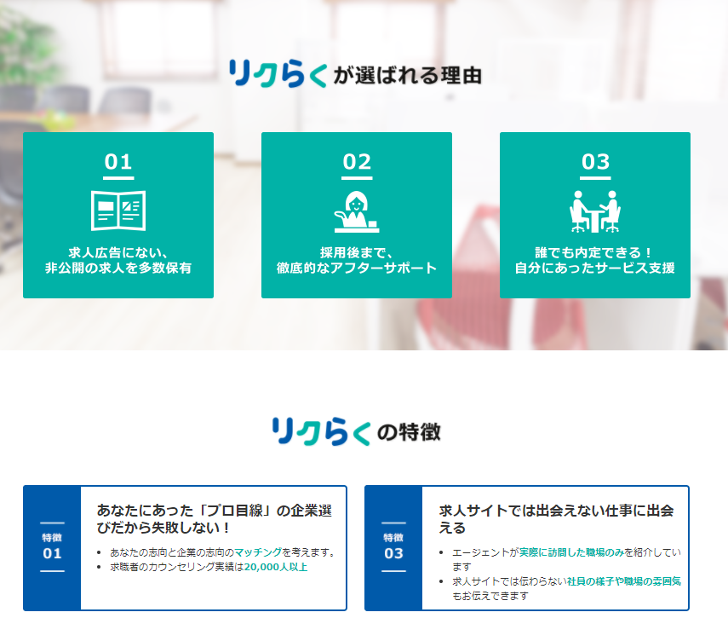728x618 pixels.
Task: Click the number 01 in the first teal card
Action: (x=118, y=162)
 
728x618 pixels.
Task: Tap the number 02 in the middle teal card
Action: (x=357, y=162)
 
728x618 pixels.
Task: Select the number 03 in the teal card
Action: (x=595, y=162)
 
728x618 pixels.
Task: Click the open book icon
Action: (x=118, y=211)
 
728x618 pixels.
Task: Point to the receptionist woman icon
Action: (x=357, y=211)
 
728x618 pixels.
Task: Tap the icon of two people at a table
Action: (x=595, y=211)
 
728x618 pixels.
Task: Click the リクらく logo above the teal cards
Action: (x=278, y=73)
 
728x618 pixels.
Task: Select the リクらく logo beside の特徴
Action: (x=321, y=431)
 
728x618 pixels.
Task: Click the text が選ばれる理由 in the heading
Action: (x=407, y=75)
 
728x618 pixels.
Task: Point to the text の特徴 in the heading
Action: (x=409, y=432)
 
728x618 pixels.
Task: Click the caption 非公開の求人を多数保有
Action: (x=118, y=269)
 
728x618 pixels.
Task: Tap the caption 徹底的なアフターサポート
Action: (x=357, y=269)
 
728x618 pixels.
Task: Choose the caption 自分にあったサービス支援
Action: (x=595, y=269)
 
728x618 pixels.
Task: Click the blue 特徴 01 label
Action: (x=52, y=546)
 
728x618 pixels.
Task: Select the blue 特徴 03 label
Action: (x=393, y=546)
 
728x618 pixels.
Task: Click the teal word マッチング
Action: (x=258, y=552)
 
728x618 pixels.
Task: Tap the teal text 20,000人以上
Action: (x=276, y=567)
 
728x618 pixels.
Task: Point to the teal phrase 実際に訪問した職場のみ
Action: (x=571, y=552)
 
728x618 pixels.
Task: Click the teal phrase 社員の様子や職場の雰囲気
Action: (x=624, y=581)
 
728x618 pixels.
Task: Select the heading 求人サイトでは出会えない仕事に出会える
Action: (x=556, y=519)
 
